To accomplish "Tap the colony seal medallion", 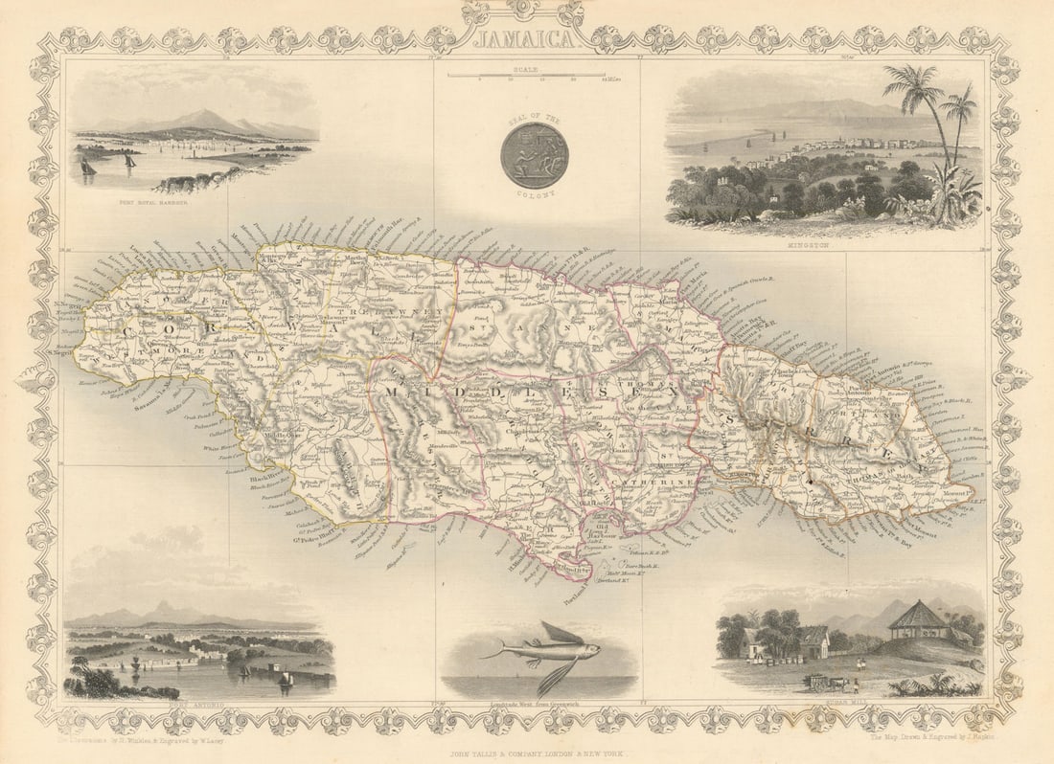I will coord(534,155).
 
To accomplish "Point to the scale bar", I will coord(526,75).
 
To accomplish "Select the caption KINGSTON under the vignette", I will coord(824,245).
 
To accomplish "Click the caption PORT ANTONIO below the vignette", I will coord(198,704).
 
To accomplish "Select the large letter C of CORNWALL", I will coord(128,329).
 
